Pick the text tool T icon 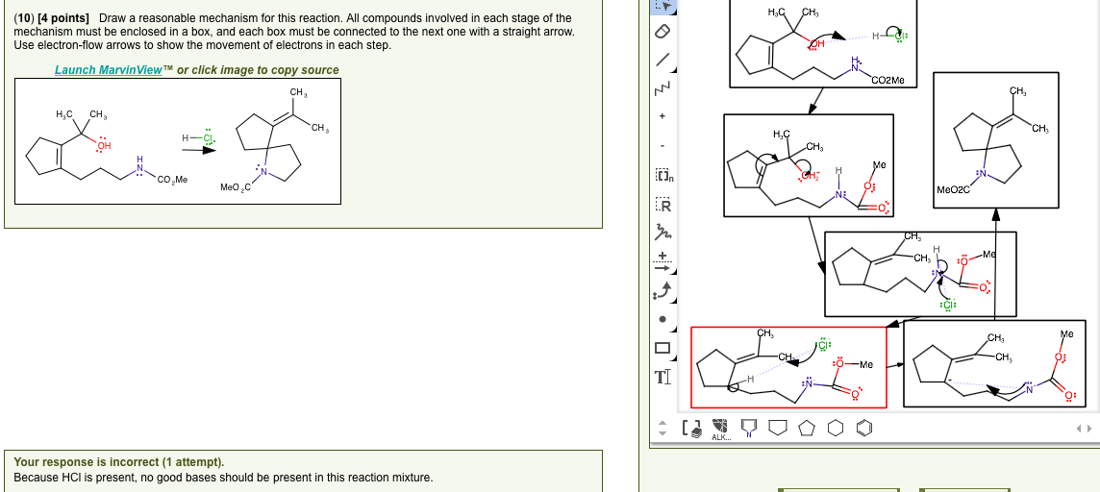662,378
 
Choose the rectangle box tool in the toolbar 662,347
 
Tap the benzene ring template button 865,426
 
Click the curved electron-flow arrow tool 662,287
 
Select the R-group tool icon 662,205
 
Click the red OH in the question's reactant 103,146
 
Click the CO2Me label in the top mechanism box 887,80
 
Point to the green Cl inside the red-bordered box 823,343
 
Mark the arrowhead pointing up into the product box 995,215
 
